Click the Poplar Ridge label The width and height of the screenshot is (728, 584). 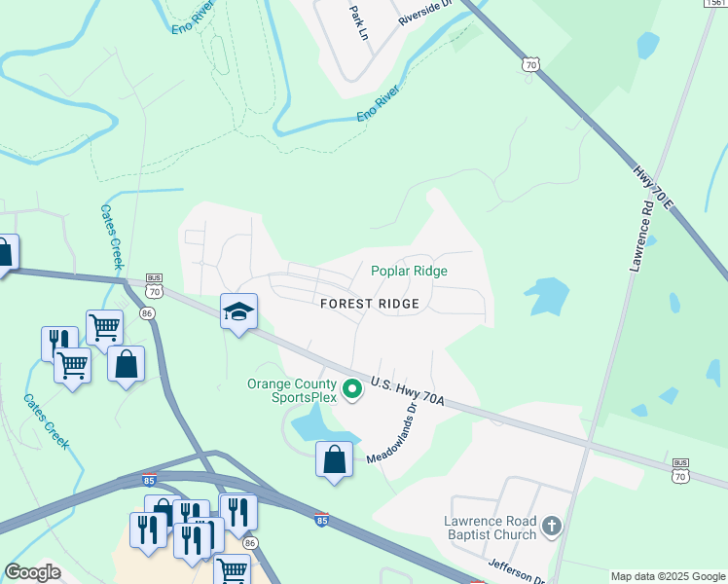[x=409, y=272]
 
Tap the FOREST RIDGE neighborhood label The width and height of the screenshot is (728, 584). [x=370, y=304]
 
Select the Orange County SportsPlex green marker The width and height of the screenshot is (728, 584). [x=353, y=391]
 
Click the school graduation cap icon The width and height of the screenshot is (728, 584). [x=238, y=311]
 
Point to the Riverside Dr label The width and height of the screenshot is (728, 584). [x=425, y=14]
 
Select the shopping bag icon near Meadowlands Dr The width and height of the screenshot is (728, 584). [x=334, y=459]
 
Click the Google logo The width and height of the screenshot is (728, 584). [x=32, y=572]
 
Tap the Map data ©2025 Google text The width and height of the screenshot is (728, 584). [x=668, y=576]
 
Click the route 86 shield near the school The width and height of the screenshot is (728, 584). [x=148, y=312]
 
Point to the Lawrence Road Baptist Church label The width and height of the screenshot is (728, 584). [x=491, y=528]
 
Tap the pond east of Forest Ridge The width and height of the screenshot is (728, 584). [x=547, y=296]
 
